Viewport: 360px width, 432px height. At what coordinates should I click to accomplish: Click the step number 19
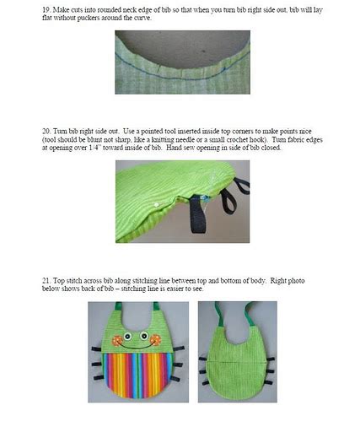tap(46, 9)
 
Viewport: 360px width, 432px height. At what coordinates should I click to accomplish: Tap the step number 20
tap(46, 132)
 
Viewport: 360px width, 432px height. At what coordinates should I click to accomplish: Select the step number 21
tap(46, 281)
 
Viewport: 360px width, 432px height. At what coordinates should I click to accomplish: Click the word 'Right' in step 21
tap(278, 281)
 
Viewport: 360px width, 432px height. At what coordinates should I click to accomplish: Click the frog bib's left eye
tap(128, 336)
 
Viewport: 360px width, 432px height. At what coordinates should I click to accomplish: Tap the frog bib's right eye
tap(144, 336)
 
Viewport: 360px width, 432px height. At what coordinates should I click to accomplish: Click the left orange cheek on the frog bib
tap(117, 340)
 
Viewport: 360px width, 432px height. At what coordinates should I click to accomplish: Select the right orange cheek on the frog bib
tap(155, 340)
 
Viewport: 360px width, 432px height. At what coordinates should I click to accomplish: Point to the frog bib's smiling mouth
tap(137, 347)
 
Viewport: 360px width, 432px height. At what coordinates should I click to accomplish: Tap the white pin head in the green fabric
tap(156, 204)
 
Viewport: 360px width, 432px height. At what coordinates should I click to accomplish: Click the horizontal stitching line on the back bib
tap(237, 363)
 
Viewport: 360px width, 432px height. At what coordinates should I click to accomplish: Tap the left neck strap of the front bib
tap(118, 305)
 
